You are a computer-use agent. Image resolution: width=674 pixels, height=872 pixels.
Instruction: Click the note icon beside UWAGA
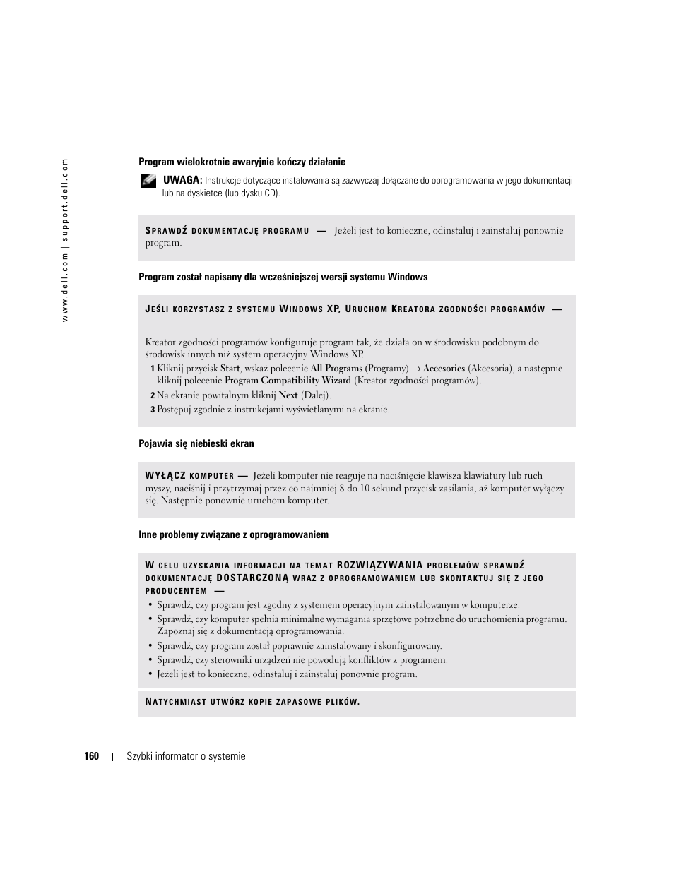[148, 181]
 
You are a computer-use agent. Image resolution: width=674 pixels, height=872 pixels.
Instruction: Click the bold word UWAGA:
[182, 181]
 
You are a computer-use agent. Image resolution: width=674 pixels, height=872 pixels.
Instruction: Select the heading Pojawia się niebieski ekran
[196, 443]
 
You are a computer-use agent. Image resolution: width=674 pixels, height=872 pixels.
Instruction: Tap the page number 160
[91, 756]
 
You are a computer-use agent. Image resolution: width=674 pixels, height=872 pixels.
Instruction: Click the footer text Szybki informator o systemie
[186, 756]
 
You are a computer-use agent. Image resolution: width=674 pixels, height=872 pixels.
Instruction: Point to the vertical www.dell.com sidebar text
[64, 240]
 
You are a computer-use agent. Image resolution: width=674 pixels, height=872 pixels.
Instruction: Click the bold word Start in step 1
[230, 368]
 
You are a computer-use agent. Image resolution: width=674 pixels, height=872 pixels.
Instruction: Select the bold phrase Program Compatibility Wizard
[288, 381]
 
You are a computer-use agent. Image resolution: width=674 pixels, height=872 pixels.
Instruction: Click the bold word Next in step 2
[288, 395]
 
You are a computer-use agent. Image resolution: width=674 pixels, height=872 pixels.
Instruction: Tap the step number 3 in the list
[152, 410]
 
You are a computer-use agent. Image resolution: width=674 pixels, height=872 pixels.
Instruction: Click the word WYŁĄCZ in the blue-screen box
[165, 476]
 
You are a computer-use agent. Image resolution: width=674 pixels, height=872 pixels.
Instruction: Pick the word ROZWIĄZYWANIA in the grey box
[380, 565]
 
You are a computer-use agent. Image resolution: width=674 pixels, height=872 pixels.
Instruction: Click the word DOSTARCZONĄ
[252, 578]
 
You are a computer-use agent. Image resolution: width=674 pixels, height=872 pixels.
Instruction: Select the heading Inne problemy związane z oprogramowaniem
[233, 534]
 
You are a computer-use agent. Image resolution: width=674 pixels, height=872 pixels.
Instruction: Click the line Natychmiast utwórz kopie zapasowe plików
[252, 702]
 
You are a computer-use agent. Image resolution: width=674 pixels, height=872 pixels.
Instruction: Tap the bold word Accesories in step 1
[444, 368]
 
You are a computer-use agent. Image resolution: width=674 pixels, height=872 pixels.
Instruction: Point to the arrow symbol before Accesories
[416, 368]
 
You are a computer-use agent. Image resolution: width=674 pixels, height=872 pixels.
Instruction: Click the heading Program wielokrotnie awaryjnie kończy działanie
[242, 162]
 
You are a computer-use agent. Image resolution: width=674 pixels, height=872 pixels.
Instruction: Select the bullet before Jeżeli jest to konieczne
[150, 674]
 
